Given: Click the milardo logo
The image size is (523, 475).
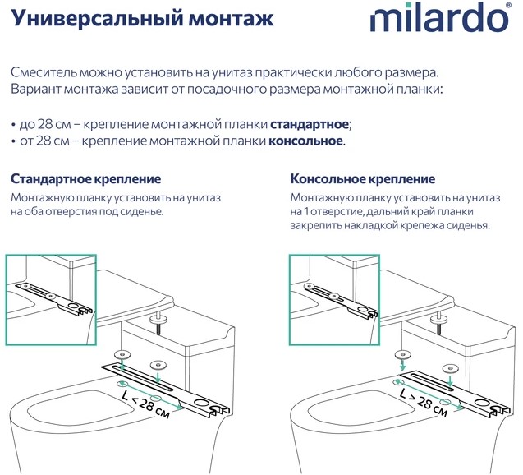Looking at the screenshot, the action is [440, 17].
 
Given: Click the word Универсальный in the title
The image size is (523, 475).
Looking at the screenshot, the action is [97, 18].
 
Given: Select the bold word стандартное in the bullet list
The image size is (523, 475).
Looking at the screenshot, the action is [310, 125].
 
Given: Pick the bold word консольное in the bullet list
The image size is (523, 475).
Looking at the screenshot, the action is [305, 141].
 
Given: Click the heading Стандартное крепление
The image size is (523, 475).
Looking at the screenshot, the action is [85, 179].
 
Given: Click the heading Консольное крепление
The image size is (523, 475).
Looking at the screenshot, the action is [363, 179].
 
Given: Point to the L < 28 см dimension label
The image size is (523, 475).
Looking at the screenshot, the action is [146, 404].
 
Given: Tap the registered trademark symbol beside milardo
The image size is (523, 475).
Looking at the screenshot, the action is [508, 5].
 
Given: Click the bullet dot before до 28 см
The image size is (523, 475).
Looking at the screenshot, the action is [13, 125].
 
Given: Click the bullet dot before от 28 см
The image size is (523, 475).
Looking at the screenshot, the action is [13, 142].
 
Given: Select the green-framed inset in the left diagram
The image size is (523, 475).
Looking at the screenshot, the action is [51, 300].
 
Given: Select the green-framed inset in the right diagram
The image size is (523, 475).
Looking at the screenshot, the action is [334, 300].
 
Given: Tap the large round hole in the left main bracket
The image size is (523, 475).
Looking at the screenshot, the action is [201, 403].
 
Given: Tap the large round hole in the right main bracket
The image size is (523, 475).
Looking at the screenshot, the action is [482, 403].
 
